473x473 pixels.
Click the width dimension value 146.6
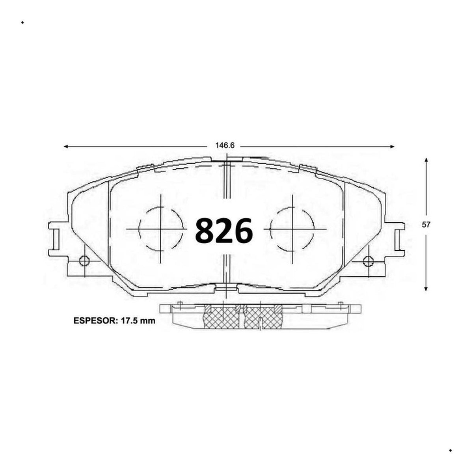[x=225, y=145]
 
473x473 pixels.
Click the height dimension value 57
[x=426, y=225]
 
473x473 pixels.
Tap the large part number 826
[x=224, y=231]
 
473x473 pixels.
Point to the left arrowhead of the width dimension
[x=66, y=147]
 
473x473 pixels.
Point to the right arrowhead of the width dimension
[x=392, y=147]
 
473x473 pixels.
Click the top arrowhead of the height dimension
[x=426, y=160]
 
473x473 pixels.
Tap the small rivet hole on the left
[x=84, y=261]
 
